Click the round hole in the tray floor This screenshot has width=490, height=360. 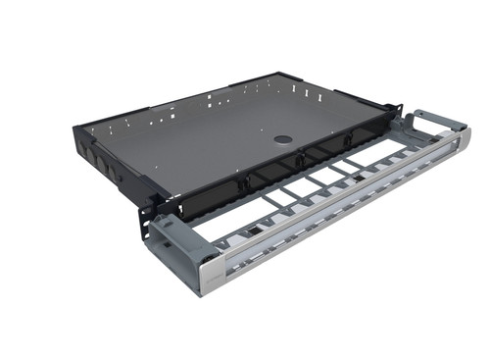click(x=281, y=139)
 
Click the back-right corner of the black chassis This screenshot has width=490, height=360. click(x=284, y=75)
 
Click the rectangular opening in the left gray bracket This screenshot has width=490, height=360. click(x=169, y=236)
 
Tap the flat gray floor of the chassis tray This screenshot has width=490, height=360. click(x=216, y=137)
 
